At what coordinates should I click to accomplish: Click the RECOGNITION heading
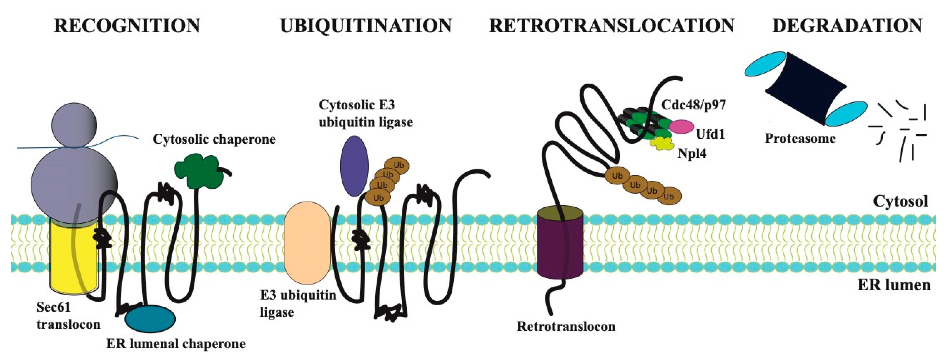(x=127, y=26)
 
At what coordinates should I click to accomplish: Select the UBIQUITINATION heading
(x=366, y=26)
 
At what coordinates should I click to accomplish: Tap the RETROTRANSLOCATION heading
(x=612, y=26)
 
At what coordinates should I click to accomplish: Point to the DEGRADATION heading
(x=847, y=26)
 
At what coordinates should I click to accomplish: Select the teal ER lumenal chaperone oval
(x=150, y=319)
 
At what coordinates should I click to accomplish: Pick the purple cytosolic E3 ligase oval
(x=354, y=166)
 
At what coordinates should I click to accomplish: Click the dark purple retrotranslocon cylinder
(x=560, y=251)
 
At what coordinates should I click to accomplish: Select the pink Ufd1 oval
(x=681, y=126)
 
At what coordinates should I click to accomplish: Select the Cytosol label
(x=900, y=201)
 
